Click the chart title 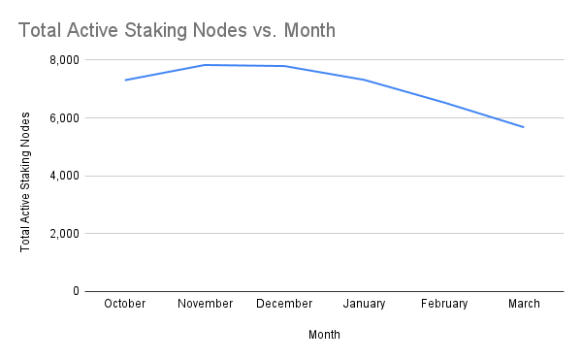(x=177, y=30)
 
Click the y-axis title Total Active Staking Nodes (x=25, y=181)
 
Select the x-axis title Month (x=324, y=334)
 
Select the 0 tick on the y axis (x=75, y=291)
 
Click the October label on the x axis (x=124, y=304)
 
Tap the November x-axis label (x=205, y=304)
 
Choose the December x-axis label (x=284, y=304)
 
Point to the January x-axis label (x=365, y=304)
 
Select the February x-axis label (x=444, y=304)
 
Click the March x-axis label (x=524, y=304)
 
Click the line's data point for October (x=124, y=81)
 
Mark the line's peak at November (x=205, y=65)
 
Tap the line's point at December (x=284, y=66)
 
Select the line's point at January (x=365, y=80)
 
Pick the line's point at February (x=444, y=102)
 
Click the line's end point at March (x=524, y=127)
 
